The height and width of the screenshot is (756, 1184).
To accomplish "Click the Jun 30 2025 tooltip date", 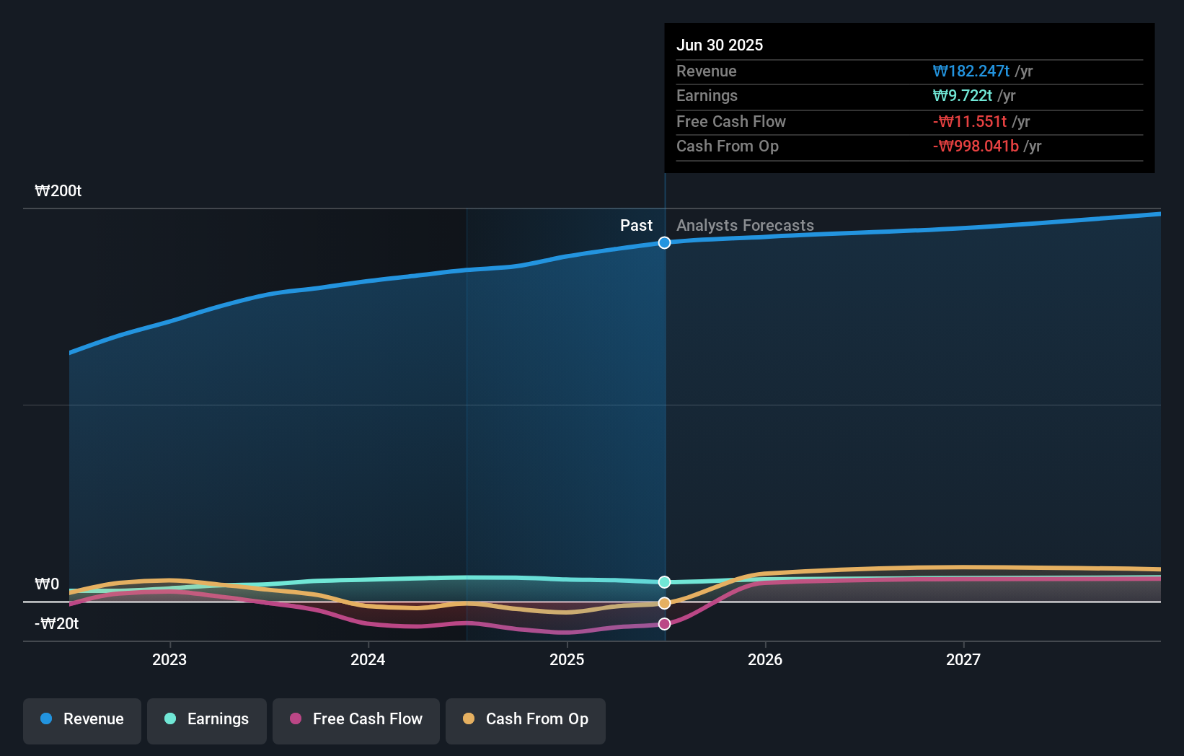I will (719, 45).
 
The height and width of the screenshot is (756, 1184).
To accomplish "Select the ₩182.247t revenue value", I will (971, 71).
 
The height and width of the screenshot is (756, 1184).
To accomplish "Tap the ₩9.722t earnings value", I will (962, 95).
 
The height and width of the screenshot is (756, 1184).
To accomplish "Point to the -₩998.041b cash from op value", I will (976, 146).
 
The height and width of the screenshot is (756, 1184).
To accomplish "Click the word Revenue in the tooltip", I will (706, 71).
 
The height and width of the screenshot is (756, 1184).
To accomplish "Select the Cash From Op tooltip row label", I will (727, 146).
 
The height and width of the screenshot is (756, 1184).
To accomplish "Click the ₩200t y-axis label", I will (58, 190).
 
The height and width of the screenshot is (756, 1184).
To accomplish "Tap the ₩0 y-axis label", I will (47, 584).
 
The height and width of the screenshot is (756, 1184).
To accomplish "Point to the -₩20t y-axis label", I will (57, 623).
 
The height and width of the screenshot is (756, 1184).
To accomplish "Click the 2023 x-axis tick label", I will (169, 659).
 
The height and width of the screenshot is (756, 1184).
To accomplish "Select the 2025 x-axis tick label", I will (567, 659).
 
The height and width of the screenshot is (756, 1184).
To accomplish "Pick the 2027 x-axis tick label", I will (963, 659).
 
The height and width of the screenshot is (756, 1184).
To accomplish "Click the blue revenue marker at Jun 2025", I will (664, 242).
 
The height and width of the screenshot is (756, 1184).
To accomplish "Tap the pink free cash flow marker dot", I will (664, 624).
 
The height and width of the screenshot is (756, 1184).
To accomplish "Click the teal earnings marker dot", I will (664, 582).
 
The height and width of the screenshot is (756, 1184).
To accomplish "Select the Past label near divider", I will (636, 225).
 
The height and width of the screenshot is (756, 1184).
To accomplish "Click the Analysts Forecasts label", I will (745, 225).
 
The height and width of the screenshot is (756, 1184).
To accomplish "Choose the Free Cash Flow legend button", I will (356, 719).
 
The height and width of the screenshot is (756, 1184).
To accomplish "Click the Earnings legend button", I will (207, 719).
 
